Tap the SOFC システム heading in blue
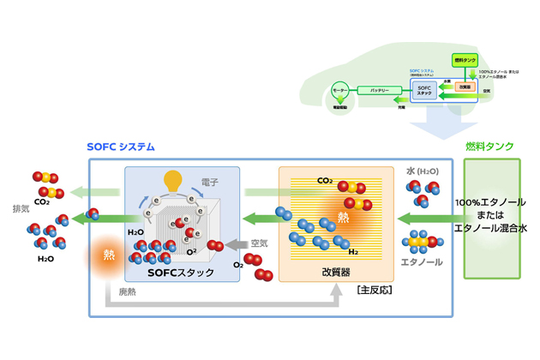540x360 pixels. tap(121, 147)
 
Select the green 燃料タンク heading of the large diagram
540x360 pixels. tap(490, 147)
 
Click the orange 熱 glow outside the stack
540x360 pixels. tap(110, 255)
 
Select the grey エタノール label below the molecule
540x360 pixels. tap(422, 261)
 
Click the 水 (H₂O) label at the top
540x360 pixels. tap(422, 171)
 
